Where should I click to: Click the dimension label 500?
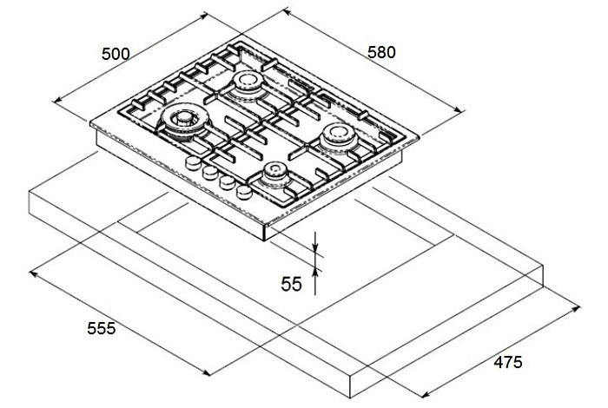[115, 54]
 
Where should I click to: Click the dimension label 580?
[380, 52]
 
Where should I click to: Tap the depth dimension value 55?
[292, 283]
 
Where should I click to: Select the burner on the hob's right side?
[337, 136]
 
